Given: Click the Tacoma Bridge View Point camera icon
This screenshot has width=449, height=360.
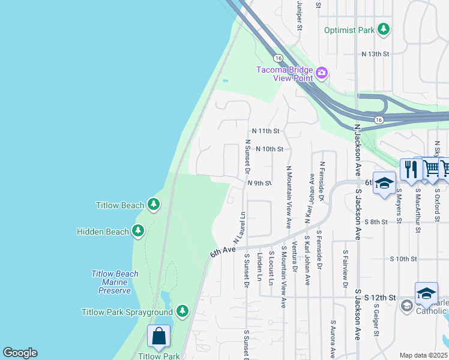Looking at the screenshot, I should click(322, 73).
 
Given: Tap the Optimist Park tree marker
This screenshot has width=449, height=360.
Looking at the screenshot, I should click(382, 29).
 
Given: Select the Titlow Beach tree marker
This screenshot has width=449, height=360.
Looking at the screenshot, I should click(154, 205).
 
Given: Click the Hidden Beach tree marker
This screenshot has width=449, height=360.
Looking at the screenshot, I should click(139, 231).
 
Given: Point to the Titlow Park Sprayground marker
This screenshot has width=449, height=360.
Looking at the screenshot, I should click(182, 311).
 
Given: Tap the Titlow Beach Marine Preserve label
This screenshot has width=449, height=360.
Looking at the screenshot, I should click(115, 282).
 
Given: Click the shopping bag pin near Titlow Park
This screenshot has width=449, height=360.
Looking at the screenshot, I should click(159, 337).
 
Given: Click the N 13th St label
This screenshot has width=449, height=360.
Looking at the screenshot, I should click(376, 54).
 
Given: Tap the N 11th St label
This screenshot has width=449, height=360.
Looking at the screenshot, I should click(266, 130).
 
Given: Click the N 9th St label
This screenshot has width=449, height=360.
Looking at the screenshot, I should click(260, 183).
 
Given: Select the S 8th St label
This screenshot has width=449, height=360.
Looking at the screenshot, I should click(376, 221).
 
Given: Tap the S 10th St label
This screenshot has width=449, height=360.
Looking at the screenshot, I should click(403, 259).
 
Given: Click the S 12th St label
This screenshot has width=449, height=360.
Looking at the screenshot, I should click(382, 298).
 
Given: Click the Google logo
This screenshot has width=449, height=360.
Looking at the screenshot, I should click(20, 353).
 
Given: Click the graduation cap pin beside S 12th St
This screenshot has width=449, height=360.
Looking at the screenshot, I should click(426, 293).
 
